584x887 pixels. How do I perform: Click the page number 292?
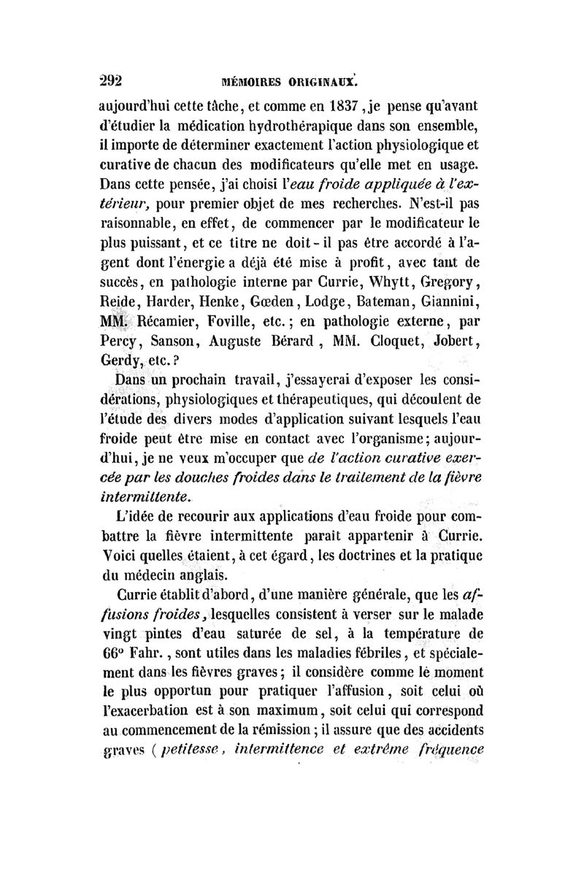point(113,80)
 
